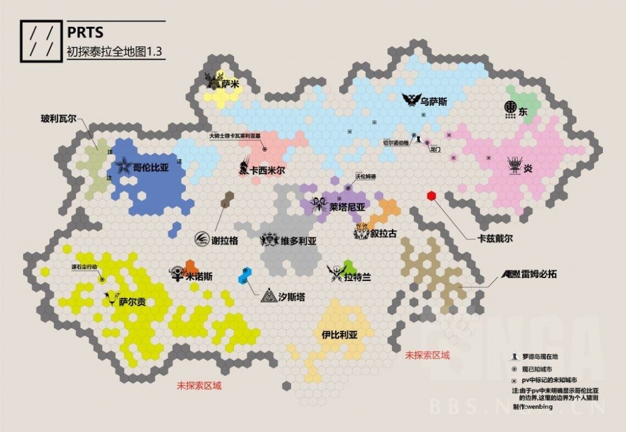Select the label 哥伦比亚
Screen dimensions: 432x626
[151, 168]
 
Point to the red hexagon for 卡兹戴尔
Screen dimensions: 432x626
[431, 196]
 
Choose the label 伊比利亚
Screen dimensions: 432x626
[339, 335]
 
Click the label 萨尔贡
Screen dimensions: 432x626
[133, 302]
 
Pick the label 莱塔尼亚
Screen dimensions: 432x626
[347, 206]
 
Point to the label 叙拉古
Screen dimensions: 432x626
[384, 234]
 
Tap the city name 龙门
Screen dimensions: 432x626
[436, 150]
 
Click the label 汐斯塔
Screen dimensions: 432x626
[292, 297]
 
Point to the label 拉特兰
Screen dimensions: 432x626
[357, 276]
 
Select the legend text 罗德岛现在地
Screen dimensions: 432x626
[541, 356]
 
